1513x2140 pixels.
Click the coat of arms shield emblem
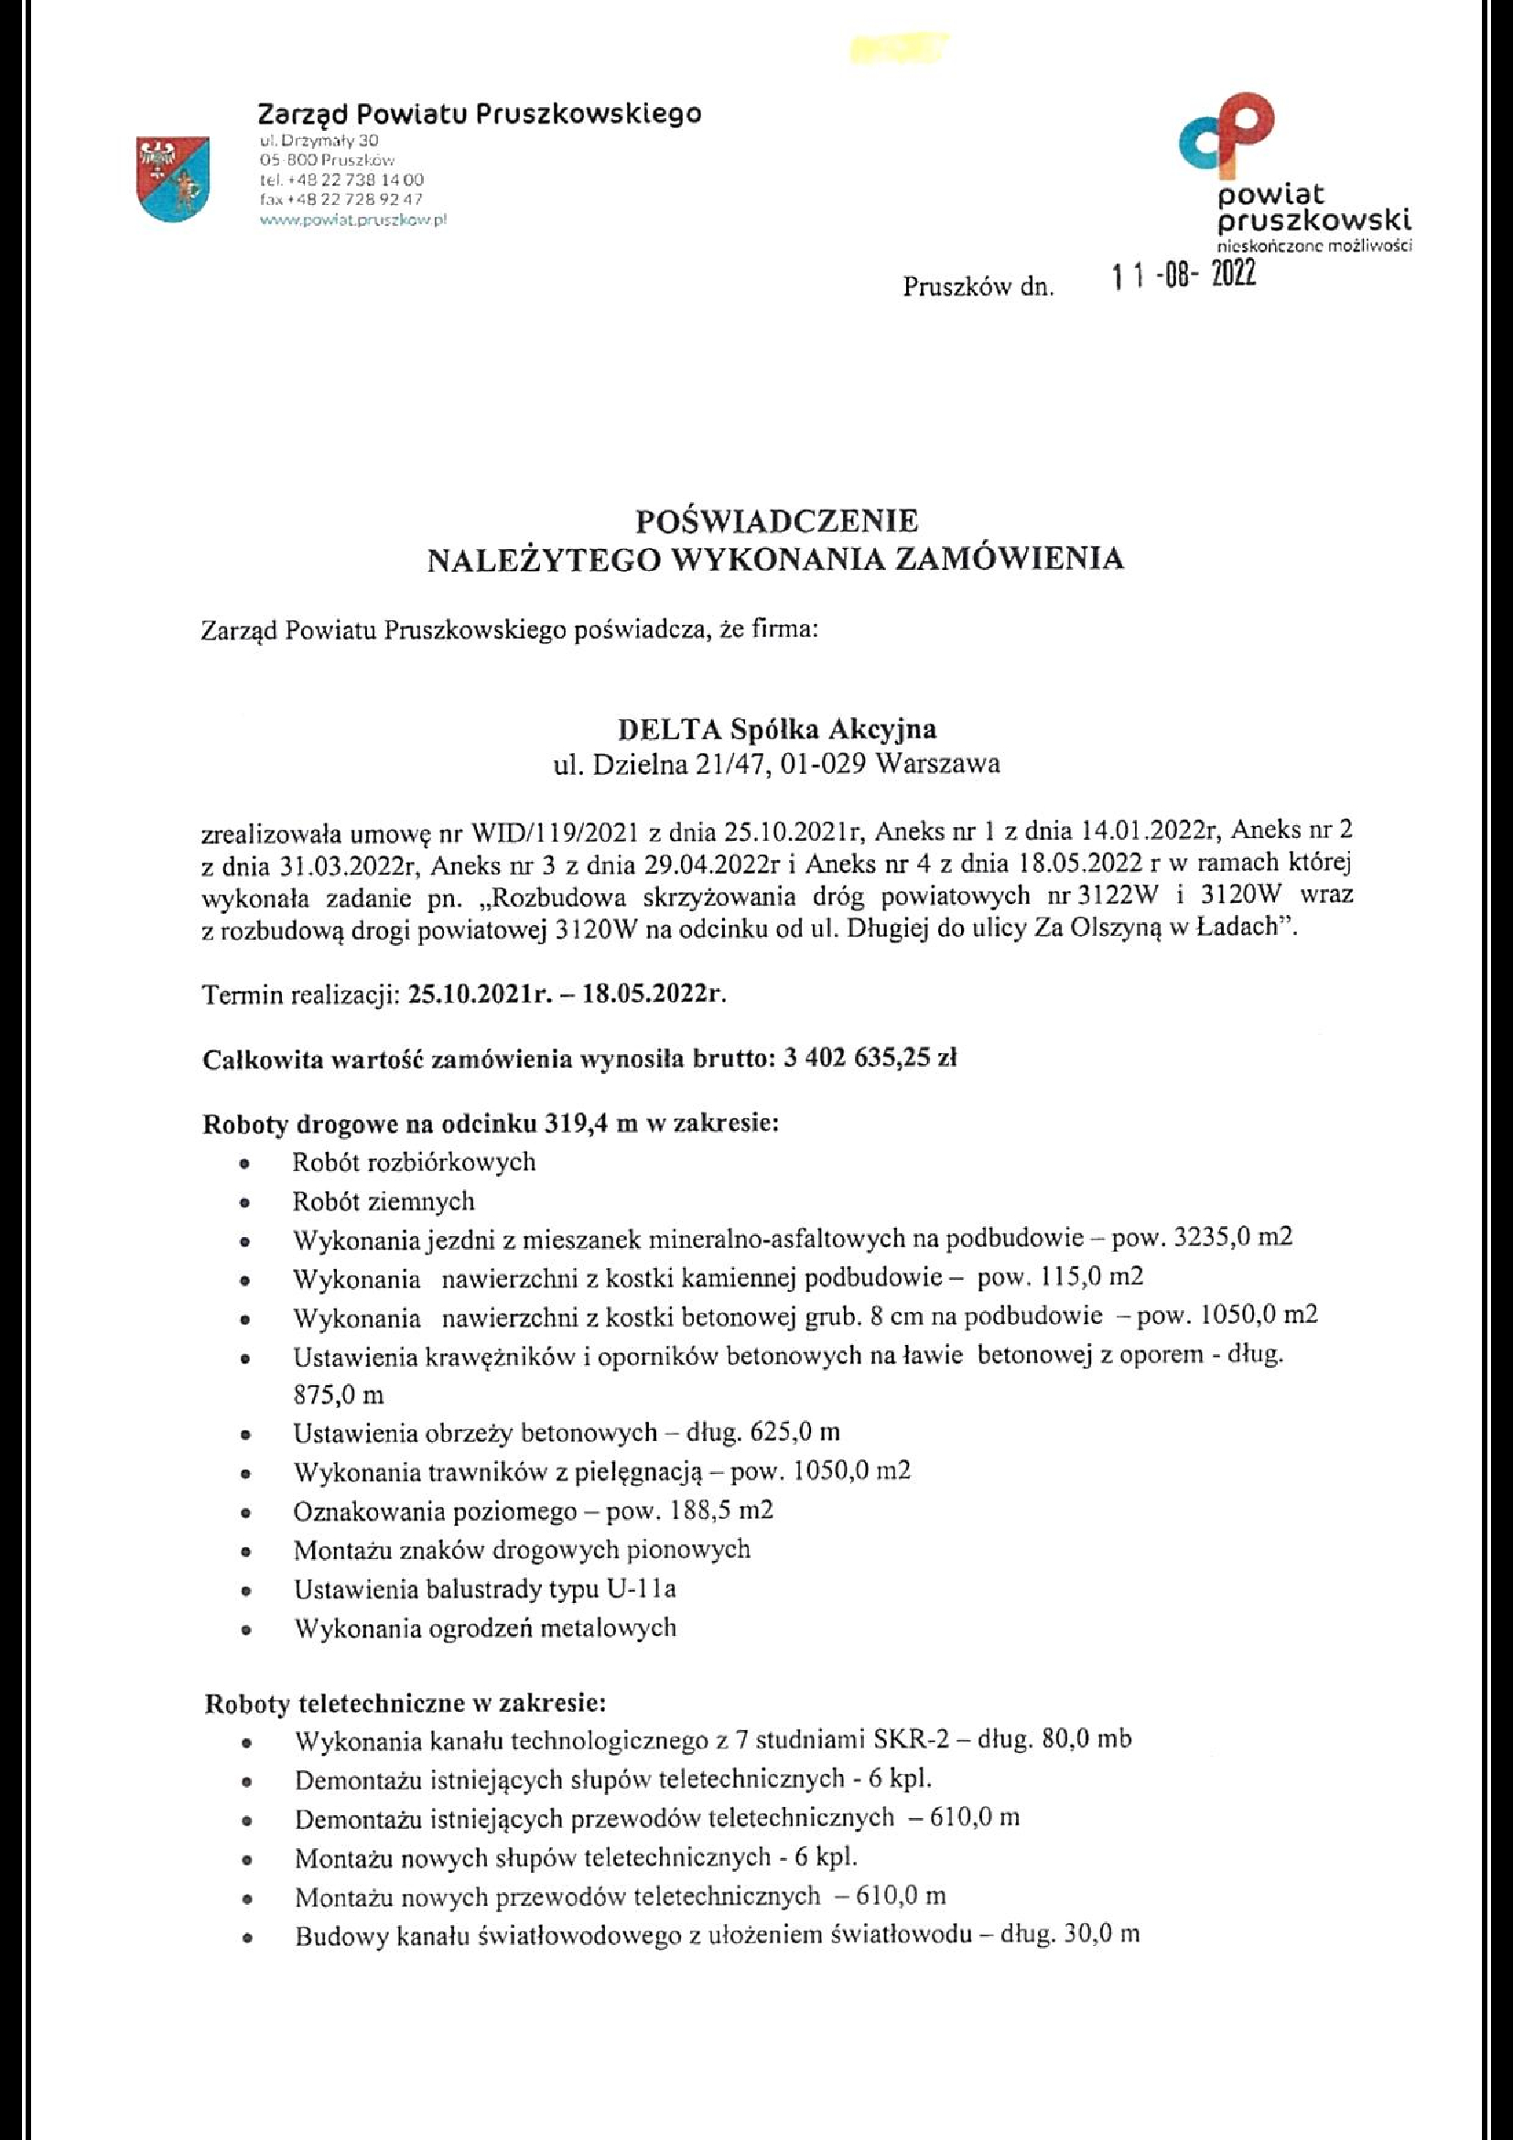(x=172, y=179)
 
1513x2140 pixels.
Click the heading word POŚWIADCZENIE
(x=776, y=518)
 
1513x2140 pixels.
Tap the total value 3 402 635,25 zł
(x=871, y=1058)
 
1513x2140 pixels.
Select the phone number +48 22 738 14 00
(x=354, y=179)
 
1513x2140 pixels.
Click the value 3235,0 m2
(x=1234, y=1239)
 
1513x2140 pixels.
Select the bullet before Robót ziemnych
(x=244, y=1203)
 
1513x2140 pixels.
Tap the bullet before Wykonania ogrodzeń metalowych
(x=245, y=1631)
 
